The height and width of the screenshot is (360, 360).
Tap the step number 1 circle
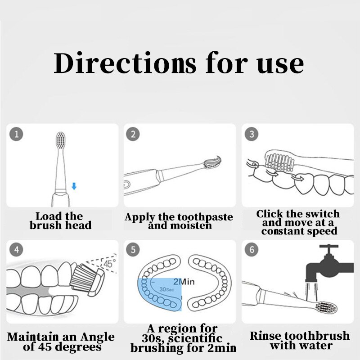point(16,134)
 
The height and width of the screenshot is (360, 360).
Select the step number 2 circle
point(133,134)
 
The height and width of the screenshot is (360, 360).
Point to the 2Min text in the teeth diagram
point(183,282)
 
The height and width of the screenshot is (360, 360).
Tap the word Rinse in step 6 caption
point(265,336)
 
